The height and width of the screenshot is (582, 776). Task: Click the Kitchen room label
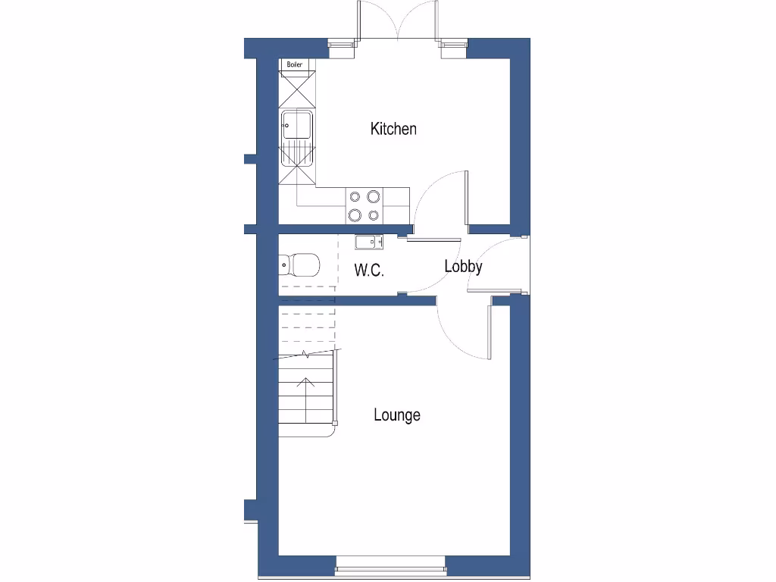coord(393,129)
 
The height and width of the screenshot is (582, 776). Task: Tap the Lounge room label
coord(397,415)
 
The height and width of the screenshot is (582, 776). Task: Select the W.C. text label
coord(369,270)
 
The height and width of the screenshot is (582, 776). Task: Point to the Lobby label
coord(463,266)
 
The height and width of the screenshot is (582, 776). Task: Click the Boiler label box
coord(295,65)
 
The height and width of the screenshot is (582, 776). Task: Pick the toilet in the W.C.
coord(299,265)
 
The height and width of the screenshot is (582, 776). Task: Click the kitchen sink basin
coord(296,125)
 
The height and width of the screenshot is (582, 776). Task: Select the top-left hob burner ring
coord(355,197)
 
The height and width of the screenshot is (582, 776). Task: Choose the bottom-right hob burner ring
coord(373,215)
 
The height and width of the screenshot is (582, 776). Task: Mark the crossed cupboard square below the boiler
coord(296,91)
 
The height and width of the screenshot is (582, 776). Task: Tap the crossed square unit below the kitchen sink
coord(296,174)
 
